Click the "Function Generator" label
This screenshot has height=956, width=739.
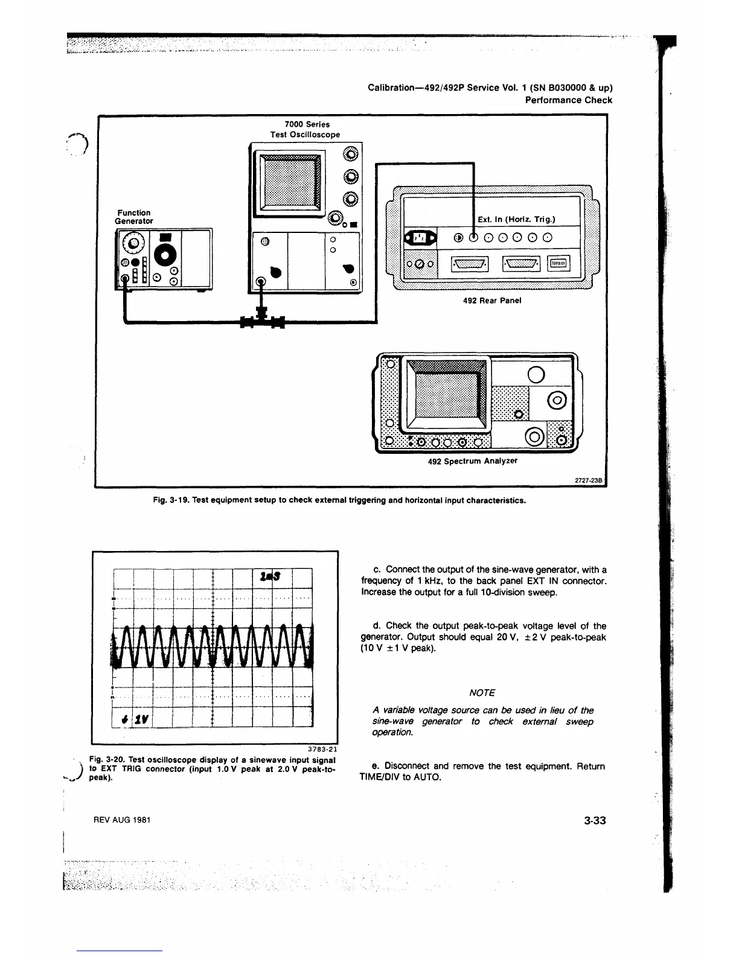[x=134, y=217]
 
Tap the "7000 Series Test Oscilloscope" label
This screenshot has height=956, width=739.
[x=304, y=129]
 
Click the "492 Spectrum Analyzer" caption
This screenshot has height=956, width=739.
[x=472, y=461]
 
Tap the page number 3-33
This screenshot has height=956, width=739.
[x=595, y=820]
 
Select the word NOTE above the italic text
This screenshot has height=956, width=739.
[x=482, y=692]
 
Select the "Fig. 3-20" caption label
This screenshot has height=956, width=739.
[x=106, y=759]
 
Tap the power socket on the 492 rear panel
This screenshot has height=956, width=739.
[x=422, y=238]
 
